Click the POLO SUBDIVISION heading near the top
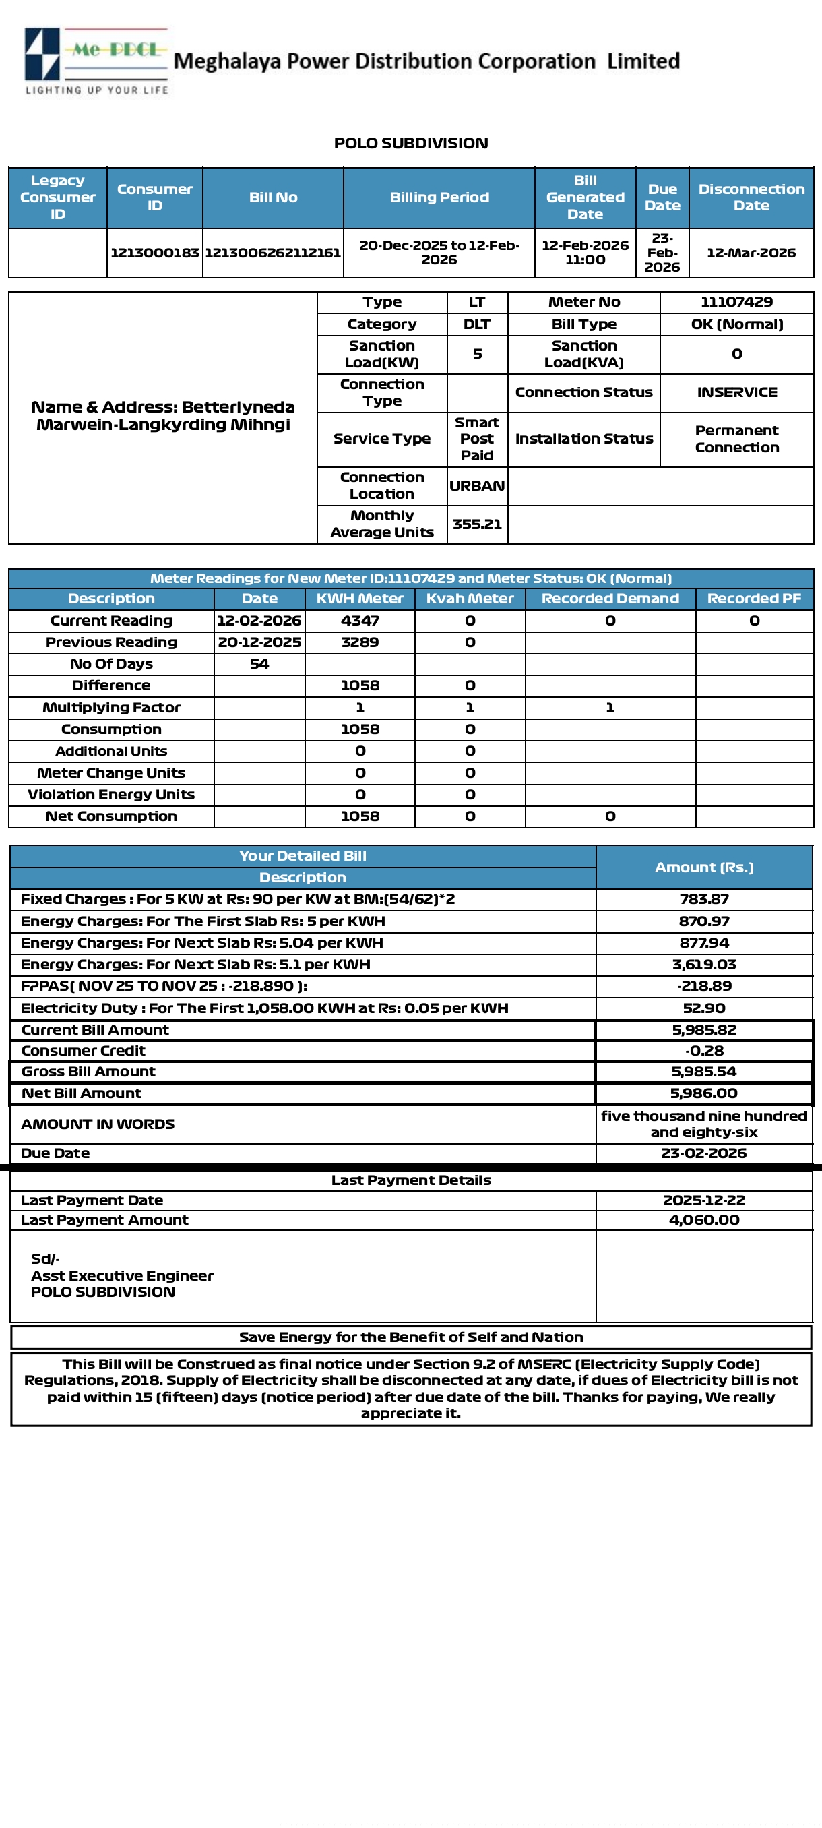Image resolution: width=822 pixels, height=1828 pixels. click(x=410, y=143)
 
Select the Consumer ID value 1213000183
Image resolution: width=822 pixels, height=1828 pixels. click(x=154, y=253)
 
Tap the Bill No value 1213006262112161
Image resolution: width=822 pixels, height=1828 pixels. click(x=273, y=253)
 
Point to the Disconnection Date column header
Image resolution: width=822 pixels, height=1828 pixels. click(x=751, y=197)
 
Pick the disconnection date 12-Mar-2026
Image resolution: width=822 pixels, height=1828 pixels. click(x=751, y=253)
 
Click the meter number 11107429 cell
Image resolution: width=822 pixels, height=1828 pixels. click(x=736, y=301)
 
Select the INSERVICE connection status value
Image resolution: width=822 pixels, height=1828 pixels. click(x=736, y=392)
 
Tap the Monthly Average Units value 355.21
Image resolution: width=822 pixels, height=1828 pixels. click(x=476, y=524)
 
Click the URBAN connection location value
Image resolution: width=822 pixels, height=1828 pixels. click(x=476, y=485)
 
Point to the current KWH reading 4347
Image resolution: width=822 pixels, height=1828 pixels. click(x=360, y=620)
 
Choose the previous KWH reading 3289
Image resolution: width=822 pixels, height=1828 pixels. click(x=360, y=642)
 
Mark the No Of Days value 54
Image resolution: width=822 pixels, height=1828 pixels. click(x=259, y=663)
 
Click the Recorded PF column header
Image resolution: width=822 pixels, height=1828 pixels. click(x=754, y=599)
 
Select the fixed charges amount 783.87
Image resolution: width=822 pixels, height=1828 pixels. click(x=703, y=898)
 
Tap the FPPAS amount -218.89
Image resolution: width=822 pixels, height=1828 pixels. click(x=703, y=985)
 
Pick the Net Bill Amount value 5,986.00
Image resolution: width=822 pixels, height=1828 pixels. click(x=703, y=1093)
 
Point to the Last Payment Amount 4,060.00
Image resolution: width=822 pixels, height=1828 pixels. click(x=703, y=1219)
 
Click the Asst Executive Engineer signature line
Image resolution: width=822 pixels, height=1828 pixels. click(x=121, y=1275)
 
